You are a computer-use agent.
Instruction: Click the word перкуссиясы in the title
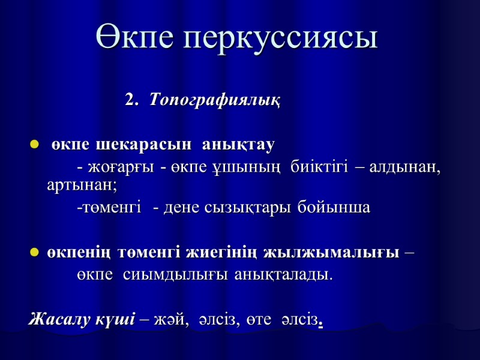[x=281, y=38]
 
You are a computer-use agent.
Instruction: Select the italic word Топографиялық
[x=214, y=100]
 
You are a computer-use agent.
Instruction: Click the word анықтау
[x=239, y=145]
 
